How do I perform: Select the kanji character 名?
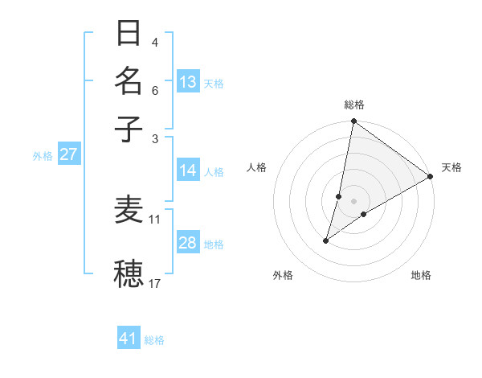pos(129,80)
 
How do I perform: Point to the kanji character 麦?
pos(129,211)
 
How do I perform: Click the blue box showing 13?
pos(188,82)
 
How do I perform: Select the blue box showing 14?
pos(188,171)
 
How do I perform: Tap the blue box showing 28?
pos(188,243)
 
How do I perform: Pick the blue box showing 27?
pos(68,154)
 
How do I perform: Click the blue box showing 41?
pos(129,339)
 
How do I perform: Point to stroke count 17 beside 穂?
pos(155,283)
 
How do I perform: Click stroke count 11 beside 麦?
pos(155,219)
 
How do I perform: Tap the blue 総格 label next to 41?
pos(154,340)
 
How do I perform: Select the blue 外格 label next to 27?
pos(43,156)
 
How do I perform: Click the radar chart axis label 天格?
pos(451,167)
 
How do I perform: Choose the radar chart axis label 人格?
pos(257,167)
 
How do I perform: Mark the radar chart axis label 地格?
pos(421,276)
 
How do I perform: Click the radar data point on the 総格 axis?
pos(353,122)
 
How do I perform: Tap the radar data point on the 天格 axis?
pos(431,176)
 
